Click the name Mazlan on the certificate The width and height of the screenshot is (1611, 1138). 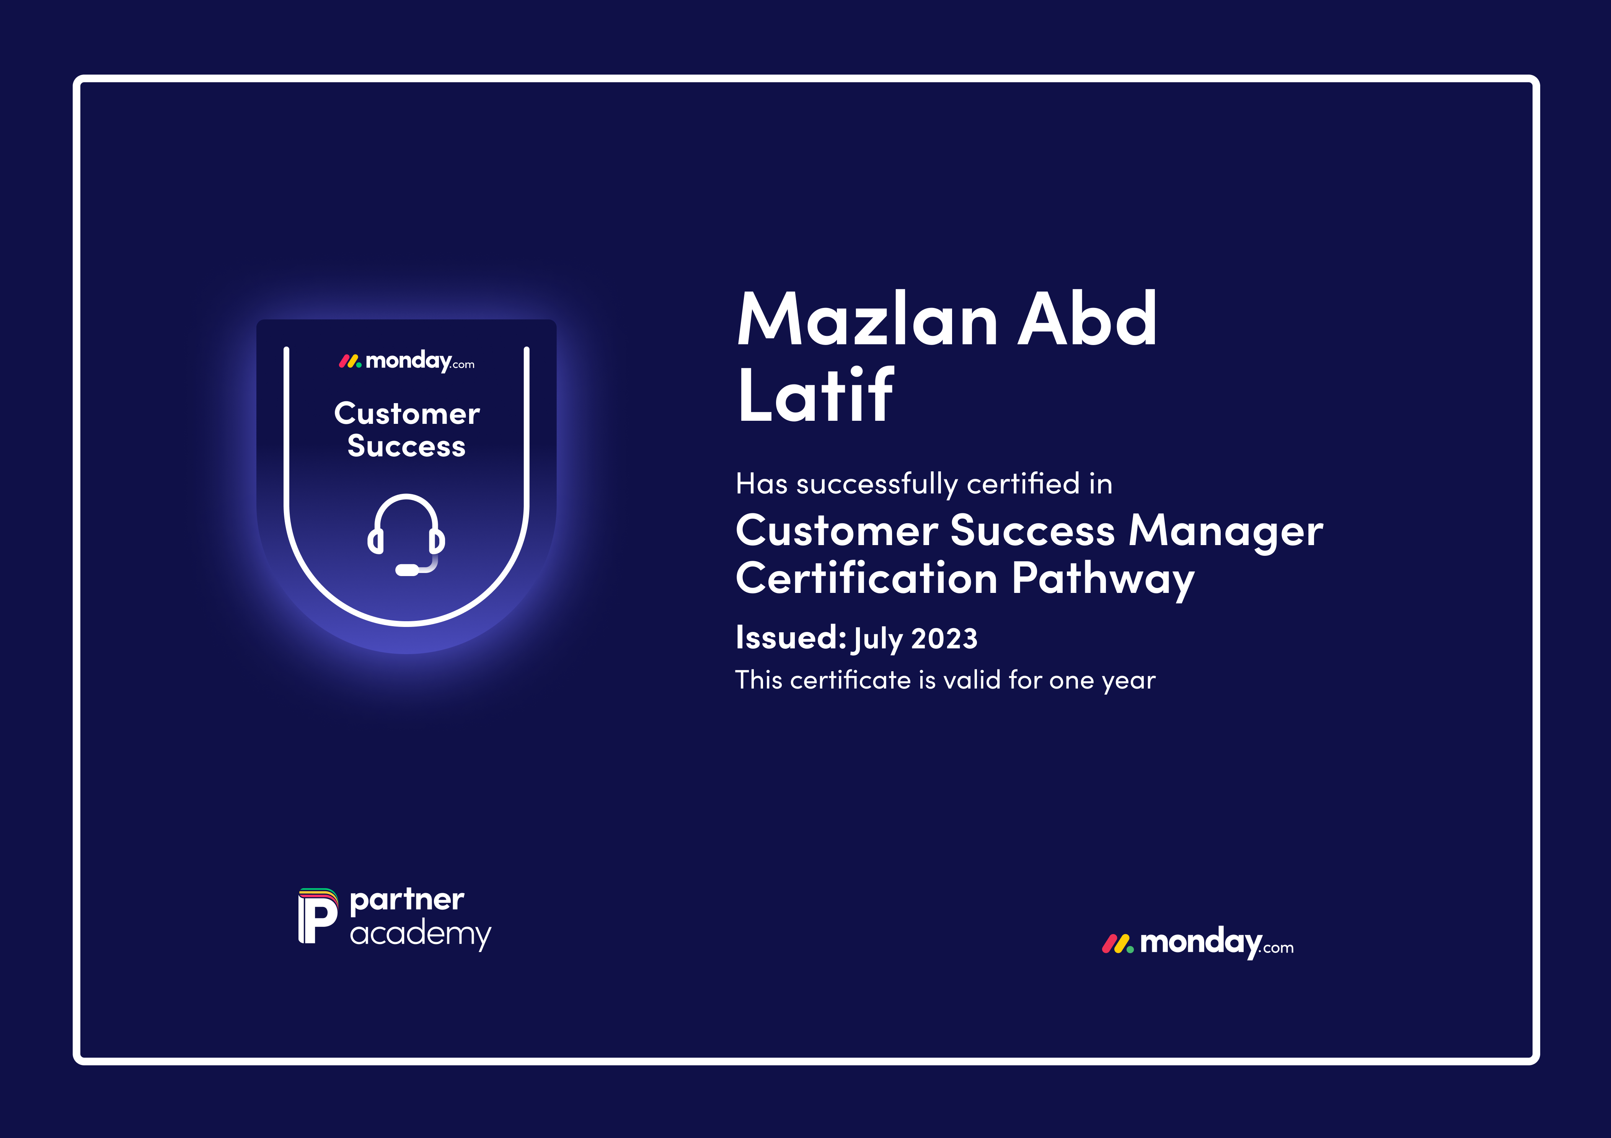pyautogui.click(x=867, y=319)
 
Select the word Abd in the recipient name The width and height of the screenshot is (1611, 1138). pyautogui.click(x=1087, y=319)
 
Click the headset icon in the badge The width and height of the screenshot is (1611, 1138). pyautogui.click(x=406, y=535)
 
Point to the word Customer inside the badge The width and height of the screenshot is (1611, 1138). pyautogui.click(x=407, y=414)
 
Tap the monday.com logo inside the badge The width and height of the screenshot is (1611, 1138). pyautogui.click(x=407, y=361)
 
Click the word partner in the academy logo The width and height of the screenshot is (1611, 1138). pyautogui.click(x=407, y=900)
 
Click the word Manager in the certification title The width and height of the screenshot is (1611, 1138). pyautogui.click(x=1226, y=531)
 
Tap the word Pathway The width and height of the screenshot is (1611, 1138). pyautogui.click(x=1103, y=580)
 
